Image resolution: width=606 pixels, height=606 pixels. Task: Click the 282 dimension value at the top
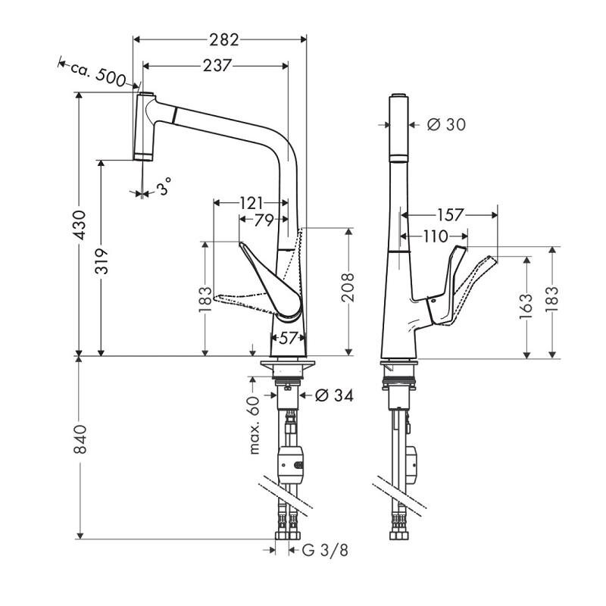pyautogui.click(x=224, y=39)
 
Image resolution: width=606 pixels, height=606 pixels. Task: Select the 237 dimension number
pyautogui.click(x=217, y=66)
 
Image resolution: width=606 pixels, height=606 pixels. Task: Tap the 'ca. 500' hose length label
pyautogui.click(x=98, y=74)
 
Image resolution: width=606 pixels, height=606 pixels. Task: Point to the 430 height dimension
pyautogui.click(x=80, y=225)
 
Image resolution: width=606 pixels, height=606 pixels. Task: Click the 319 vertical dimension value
pyautogui.click(x=102, y=261)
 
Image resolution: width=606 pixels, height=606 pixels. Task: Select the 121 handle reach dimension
pyautogui.click(x=251, y=203)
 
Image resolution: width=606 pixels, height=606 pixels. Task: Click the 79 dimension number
pyautogui.click(x=264, y=220)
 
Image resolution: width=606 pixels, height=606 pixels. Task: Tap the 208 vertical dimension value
pyautogui.click(x=348, y=287)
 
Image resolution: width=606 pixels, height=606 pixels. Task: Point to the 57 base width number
pyautogui.click(x=288, y=339)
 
